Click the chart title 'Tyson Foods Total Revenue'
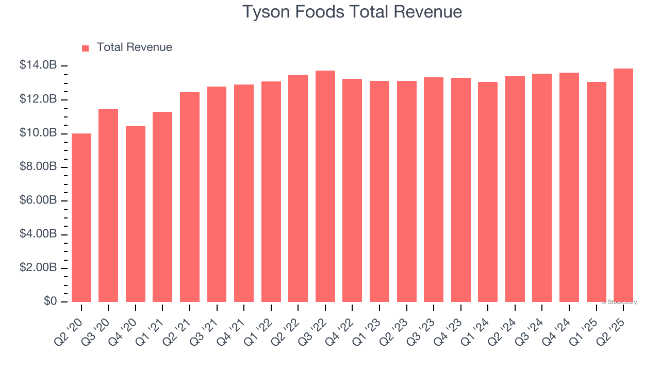coord(352,12)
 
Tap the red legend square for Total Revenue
coord(86,48)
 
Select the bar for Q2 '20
coord(81,217)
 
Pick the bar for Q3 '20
coord(108,206)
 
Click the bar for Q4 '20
coord(136,214)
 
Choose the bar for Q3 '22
coord(325,186)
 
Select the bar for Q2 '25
coord(623,185)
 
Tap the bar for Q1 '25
coord(597,192)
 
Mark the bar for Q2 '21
coord(190,197)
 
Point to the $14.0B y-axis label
coord(38,65)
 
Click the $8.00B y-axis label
coord(38,167)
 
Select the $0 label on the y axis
coord(50,301)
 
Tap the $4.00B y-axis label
coord(38,234)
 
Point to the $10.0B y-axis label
coord(38,133)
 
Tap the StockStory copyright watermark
coord(619,302)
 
